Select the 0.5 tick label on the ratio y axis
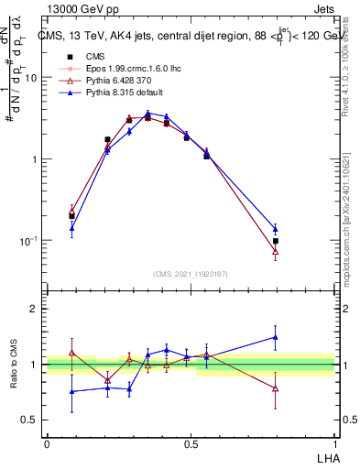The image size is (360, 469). coord(31,420)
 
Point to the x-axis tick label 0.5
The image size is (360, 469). coord(191,443)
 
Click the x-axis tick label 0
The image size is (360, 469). coord(47,443)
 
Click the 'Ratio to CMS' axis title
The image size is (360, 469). coord(14,365)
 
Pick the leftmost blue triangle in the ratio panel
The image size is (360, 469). coord(71,391)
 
